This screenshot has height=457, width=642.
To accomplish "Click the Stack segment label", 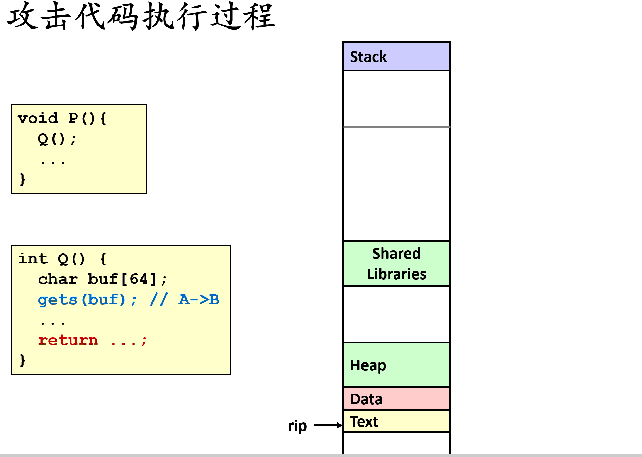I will (368, 57).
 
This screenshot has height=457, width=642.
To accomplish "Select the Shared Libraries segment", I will (396, 264).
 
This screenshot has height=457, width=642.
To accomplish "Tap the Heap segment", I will (396, 365).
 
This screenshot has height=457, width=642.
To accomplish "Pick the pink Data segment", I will (396, 399).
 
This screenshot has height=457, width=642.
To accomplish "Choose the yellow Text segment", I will (396, 421).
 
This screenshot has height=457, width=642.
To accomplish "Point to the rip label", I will (297, 426).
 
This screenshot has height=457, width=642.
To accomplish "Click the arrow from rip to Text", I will (328, 425).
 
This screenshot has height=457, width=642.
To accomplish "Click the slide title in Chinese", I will (141, 16).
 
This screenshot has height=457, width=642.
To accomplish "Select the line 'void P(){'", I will (62, 118).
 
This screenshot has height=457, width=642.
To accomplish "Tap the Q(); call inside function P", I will (57, 139).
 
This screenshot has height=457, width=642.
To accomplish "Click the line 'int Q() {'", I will (62, 259).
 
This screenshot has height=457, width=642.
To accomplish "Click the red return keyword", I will (68, 340).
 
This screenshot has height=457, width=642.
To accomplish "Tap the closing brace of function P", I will (23, 179).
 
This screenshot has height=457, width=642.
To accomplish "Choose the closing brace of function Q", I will (23, 360).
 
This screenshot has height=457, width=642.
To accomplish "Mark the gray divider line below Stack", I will (396, 127).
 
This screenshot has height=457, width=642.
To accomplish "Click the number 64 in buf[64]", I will (139, 279).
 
